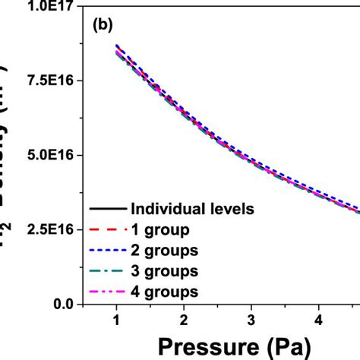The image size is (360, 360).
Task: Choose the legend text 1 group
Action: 158,229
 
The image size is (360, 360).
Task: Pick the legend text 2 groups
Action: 163,249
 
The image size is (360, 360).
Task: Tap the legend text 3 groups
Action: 163,270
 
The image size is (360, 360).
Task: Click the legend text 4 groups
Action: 163,290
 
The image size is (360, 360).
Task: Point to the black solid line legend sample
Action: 107,208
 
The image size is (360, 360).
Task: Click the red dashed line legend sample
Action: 107,229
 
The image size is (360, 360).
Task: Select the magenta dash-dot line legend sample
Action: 107,290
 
